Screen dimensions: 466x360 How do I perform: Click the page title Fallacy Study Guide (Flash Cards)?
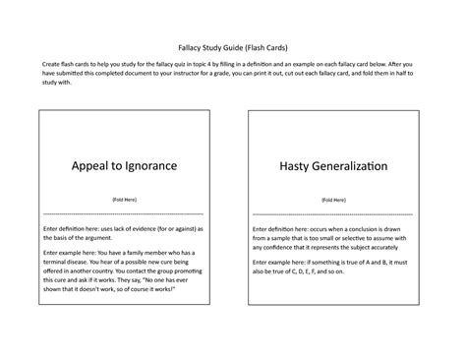click(232, 46)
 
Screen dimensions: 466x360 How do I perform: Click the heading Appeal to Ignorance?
click(125, 166)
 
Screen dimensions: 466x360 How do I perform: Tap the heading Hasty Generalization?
click(332, 166)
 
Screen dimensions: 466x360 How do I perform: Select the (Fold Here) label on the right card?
click(332, 200)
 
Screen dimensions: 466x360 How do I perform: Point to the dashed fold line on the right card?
click(332, 213)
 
